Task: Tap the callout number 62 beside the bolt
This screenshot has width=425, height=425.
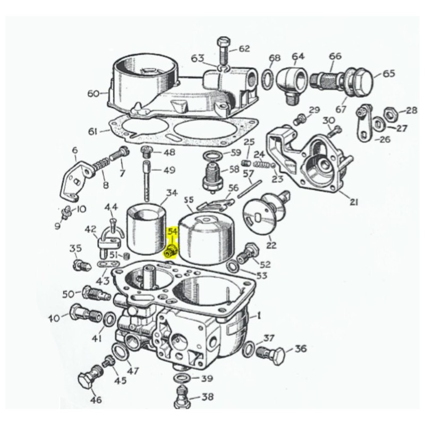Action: pyautogui.click(x=244, y=49)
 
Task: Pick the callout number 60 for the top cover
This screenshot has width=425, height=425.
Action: pyautogui.click(x=93, y=93)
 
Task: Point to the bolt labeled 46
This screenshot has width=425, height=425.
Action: pyautogui.click(x=86, y=380)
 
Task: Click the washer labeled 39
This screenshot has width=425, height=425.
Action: pyautogui.click(x=181, y=378)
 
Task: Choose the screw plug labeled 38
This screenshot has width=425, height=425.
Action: pyautogui.click(x=182, y=396)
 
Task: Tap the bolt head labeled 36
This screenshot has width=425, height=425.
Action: pyautogui.click(x=276, y=352)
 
